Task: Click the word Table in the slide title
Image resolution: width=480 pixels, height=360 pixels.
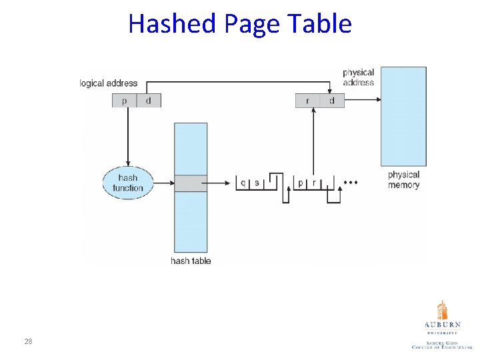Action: point(326,24)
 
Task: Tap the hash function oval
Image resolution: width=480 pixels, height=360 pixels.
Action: point(128,183)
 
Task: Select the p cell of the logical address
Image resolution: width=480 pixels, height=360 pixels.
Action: point(124,101)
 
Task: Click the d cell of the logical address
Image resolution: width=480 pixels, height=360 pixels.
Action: point(148,101)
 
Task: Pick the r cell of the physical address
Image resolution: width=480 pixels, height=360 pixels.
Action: point(307,101)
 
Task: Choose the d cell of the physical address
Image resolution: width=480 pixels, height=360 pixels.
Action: point(332,101)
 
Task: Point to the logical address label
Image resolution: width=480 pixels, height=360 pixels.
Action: point(109,83)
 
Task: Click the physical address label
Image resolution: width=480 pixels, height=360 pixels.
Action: point(358,77)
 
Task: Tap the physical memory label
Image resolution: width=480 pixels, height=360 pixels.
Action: point(403,180)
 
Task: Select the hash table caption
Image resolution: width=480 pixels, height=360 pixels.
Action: point(191,261)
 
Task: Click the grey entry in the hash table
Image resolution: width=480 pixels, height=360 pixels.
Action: point(191,183)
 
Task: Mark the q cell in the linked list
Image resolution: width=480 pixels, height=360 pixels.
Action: point(243,182)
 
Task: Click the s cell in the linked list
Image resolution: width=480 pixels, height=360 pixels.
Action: point(257,182)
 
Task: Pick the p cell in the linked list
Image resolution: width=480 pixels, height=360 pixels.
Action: point(300,182)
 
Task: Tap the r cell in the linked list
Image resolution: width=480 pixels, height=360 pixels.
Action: point(313,182)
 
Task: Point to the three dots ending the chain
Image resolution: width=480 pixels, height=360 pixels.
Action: point(350,181)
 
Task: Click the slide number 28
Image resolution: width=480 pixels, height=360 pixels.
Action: point(28,341)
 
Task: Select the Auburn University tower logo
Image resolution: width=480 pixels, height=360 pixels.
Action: point(442,310)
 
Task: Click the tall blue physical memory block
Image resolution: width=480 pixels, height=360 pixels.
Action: point(403,117)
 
